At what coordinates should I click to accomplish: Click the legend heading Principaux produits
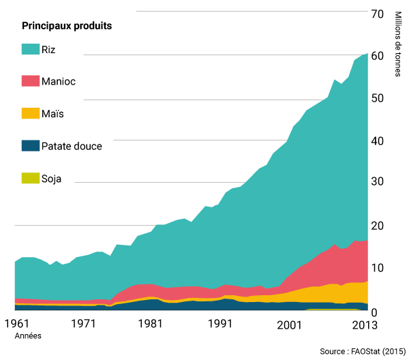(x=67, y=26)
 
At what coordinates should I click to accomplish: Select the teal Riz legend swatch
(x=30, y=50)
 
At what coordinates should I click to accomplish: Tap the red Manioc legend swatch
(x=30, y=81)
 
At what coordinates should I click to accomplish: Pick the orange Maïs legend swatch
(x=30, y=113)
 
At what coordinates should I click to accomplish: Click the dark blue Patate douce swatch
(x=30, y=145)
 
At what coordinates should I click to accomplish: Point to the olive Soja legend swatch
(x=30, y=179)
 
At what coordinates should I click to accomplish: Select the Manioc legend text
(x=59, y=81)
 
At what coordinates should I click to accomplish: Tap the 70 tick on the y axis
(x=377, y=13)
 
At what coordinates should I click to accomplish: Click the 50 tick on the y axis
(x=377, y=98)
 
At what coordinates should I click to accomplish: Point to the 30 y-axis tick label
(x=377, y=183)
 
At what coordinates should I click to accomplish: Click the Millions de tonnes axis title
(x=398, y=44)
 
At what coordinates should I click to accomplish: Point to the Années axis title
(x=27, y=335)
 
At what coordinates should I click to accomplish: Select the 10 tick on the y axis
(x=377, y=268)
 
